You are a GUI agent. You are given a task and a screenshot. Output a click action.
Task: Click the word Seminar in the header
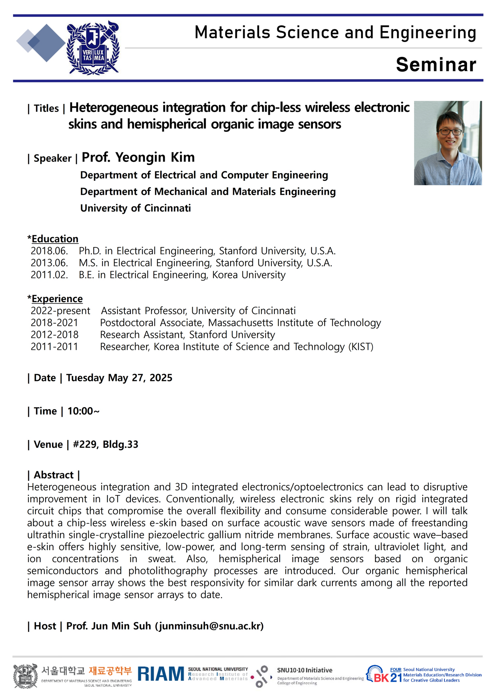(436, 65)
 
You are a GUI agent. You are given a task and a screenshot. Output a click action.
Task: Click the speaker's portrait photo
(448, 143)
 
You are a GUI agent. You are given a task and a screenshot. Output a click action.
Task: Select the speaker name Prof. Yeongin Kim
(138, 157)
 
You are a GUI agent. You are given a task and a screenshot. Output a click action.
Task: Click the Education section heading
(55, 239)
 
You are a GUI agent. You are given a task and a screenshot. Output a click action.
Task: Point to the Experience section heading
(57, 299)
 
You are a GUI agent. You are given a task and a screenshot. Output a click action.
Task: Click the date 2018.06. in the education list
(49, 251)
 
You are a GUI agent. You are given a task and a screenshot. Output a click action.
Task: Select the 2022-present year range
(60, 311)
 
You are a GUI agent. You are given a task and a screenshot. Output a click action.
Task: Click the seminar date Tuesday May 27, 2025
(119, 378)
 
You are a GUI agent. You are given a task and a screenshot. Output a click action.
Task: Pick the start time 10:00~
(83, 411)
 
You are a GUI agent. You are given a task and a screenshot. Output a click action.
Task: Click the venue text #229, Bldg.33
(105, 444)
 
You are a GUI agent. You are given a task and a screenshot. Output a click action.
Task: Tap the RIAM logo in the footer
(161, 674)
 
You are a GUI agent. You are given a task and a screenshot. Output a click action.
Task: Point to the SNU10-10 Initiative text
(304, 670)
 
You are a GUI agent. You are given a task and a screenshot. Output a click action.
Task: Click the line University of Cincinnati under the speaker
(135, 208)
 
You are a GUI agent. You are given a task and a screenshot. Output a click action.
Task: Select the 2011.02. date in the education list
(49, 275)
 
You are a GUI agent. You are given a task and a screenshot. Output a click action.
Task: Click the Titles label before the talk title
(46, 108)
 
